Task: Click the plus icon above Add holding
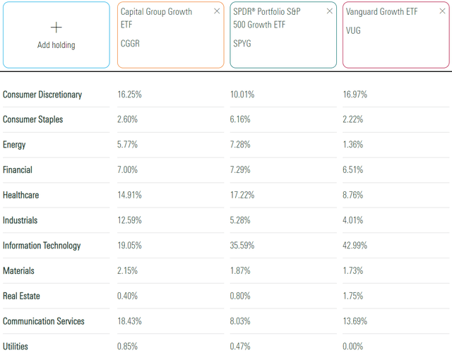coord(56,27)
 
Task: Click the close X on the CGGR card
coord(217,11)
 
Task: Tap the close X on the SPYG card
coord(329,11)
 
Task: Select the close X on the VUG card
coord(441,11)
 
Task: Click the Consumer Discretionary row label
coord(42,95)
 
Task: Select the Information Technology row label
coord(42,246)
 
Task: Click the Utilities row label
coord(17,347)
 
